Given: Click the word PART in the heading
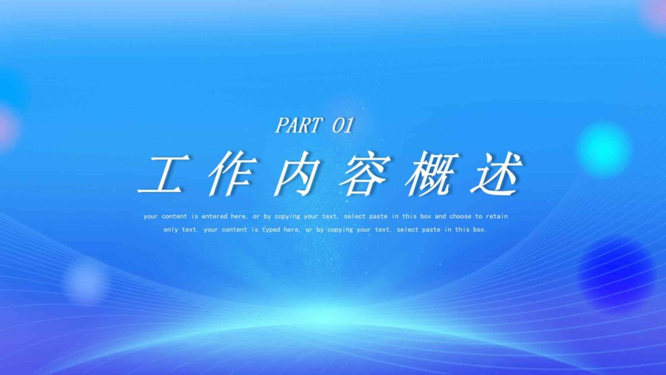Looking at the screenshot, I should tap(298, 125).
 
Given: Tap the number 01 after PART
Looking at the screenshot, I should tap(342, 125).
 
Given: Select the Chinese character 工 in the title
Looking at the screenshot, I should tap(160, 174).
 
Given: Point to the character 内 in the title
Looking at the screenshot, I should tap(294, 174).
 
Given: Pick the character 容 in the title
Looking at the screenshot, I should tap(362, 174).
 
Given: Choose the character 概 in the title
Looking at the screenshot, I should tap(429, 174).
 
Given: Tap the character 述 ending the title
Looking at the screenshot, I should tap(497, 174).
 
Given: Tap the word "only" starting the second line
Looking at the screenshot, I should tap(170, 230).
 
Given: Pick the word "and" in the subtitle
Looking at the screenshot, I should tap(440, 216).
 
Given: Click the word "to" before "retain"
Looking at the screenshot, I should tap(478, 216).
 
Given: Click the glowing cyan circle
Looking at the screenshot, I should tap(604, 149).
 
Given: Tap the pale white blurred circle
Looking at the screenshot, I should tap(85, 281).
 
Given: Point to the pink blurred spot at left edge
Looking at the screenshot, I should tap(7, 128).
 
